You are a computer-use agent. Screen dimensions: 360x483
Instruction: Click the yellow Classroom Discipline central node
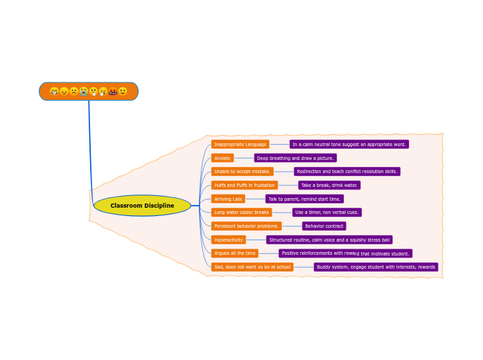(142, 206)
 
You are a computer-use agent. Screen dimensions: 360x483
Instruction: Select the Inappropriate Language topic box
(240, 145)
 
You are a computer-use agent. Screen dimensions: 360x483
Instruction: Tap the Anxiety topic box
(222, 158)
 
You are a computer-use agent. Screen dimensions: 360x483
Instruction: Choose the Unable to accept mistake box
(242, 172)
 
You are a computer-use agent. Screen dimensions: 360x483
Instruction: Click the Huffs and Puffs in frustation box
(244, 186)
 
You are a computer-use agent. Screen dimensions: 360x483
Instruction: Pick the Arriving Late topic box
(228, 199)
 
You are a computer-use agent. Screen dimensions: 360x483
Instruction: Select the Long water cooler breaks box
(241, 213)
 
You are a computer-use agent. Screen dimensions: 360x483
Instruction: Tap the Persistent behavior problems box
(246, 226)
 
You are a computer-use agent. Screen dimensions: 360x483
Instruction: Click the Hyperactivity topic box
(229, 240)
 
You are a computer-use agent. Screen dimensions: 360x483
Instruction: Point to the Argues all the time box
(234, 253)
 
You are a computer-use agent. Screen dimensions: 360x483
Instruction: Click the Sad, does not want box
(252, 267)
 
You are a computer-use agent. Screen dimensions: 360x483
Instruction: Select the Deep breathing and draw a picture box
(295, 158)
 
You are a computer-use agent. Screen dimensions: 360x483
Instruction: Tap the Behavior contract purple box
(324, 226)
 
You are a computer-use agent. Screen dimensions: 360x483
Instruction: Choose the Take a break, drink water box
(329, 186)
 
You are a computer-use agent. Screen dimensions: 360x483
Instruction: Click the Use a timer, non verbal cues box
(326, 213)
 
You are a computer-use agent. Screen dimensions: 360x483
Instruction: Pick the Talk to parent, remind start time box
(304, 199)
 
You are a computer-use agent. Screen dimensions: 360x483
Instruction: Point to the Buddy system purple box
(376, 267)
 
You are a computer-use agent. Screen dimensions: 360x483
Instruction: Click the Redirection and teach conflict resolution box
(346, 172)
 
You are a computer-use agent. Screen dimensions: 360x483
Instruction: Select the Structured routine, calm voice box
(329, 240)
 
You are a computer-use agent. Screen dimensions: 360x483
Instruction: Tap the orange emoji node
(89, 91)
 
